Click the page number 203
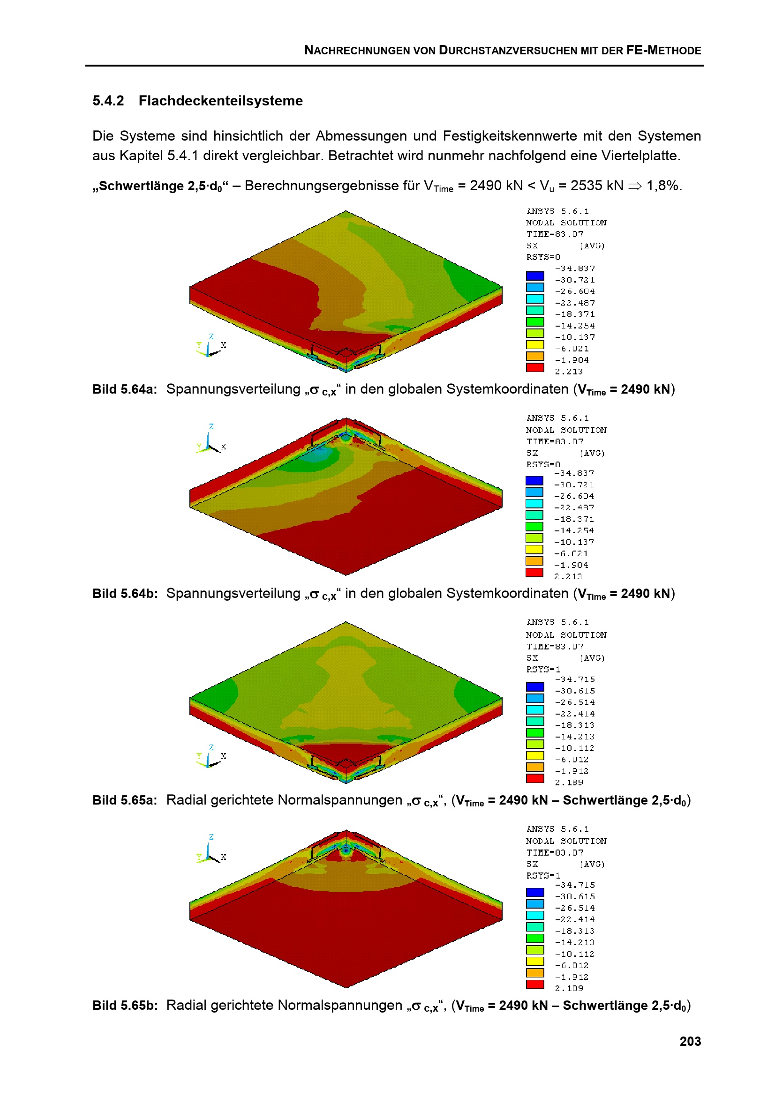(x=690, y=1041)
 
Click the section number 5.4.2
(x=108, y=101)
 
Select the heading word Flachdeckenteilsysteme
(x=221, y=101)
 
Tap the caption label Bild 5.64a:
(x=125, y=389)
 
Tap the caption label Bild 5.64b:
(x=125, y=594)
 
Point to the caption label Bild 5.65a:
(x=125, y=800)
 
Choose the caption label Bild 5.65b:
(x=125, y=1006)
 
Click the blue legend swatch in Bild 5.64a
(x=535, y=276)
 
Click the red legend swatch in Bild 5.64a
(x=535, y=367)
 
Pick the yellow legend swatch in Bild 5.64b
(x=534, y=550)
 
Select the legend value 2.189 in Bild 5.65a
(x=569, y=783)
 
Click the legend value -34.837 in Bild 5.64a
(x=575, y=269)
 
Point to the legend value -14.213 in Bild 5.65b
(x=574, y=943)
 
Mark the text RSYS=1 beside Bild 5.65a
(x=543, y=670)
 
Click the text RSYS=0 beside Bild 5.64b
(x=543, y=464)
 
